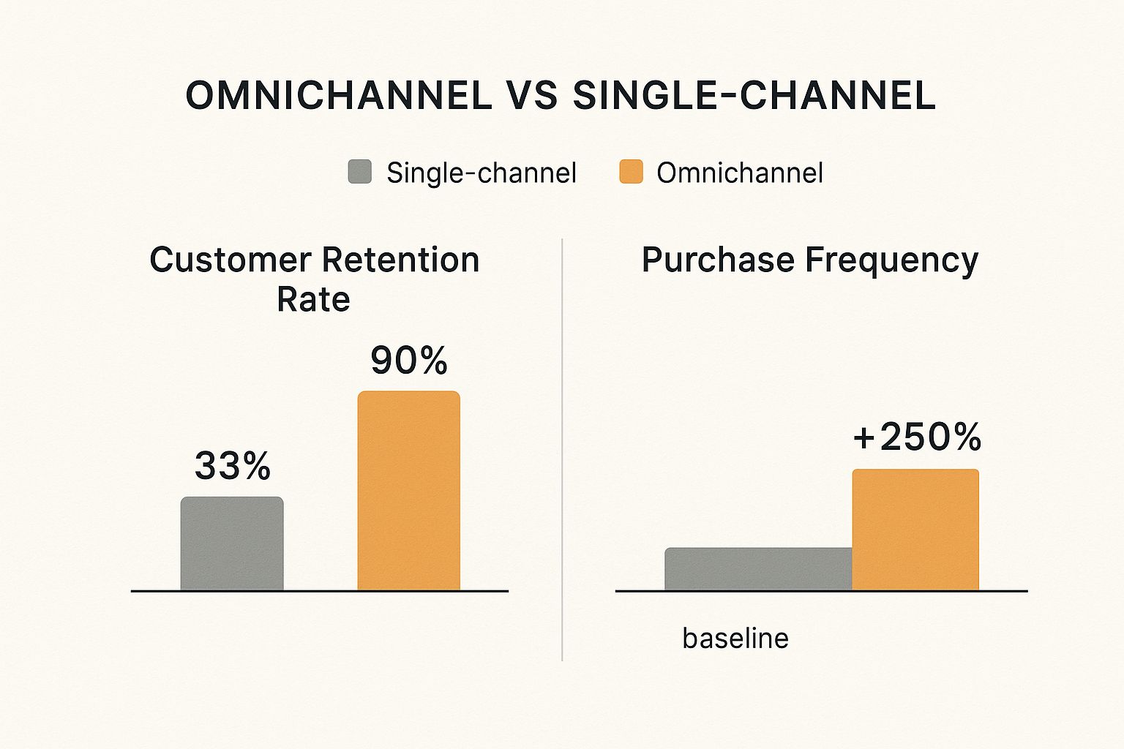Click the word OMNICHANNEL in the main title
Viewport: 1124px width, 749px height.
pyautogui.click(x=339, y=95)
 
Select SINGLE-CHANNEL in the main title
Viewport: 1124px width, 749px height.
pyautogui.click(x=754, y=95)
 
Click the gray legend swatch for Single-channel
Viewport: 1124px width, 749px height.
pyautogui.click(x=360, y=172)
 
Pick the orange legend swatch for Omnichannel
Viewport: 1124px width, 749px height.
pyautogui.click(x=631, y=172)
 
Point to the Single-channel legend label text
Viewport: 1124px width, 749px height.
pyautogui.click(x=482, y=173)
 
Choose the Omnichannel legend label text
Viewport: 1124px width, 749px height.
pyautogui.click(x=740, y=173)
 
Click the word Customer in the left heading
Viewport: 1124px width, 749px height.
pyautogui.click(x=231, y=260)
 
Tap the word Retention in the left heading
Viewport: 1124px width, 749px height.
pyautogui.click(x=401, y=260)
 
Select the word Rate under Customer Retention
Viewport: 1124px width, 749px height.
pyautogui.click(x=314, y=299)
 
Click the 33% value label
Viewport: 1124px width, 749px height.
pyautogui.click(x=232, y=465)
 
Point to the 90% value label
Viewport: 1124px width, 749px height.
pyautogui.click(x=409, y=360)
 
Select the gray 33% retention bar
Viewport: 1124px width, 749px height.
pyautogui.click(x=232, y=543)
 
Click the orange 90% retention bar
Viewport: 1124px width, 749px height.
pyautogui.click(x=409, y=491)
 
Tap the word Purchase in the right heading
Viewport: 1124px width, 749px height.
pyautogui.click(x=718, y=260)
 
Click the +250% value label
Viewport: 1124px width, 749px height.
pyautogui.click(x=917, y=437)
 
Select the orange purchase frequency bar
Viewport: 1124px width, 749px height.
pyautogui.click(x=915, y=530)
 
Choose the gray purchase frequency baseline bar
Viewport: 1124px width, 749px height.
pyautogui.click(x=759, y=569)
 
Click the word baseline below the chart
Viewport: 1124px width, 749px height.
pyautogui.click(x=735, y=639)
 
